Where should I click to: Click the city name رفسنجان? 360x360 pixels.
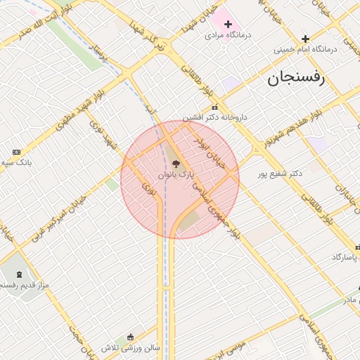pyautogui.click(x=296, y=79)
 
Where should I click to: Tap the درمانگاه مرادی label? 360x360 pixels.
pyautogui.click(x=229, y=34)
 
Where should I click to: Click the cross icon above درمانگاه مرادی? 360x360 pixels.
pyautogui.click(x=228, y=24)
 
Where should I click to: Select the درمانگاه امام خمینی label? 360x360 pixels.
pyautogui.click(x=305, y=49)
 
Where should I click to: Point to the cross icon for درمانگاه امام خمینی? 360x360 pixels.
pyautogui.click(x=305, y=39)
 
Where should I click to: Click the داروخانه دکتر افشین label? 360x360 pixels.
pyautogui.click(x=215, y=117)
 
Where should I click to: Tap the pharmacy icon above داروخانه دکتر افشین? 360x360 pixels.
pyautogui.click(x=215, y=108)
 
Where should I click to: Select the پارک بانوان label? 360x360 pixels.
pyautogui.click(x=176, y=173)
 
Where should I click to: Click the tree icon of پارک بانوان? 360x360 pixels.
pyautogui.click(x=176, y=163)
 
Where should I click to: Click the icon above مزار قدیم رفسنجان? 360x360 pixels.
pyautogui.click(x=18, y=274)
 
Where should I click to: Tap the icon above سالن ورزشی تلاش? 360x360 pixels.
pyautogui.click(x=130, y=337)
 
